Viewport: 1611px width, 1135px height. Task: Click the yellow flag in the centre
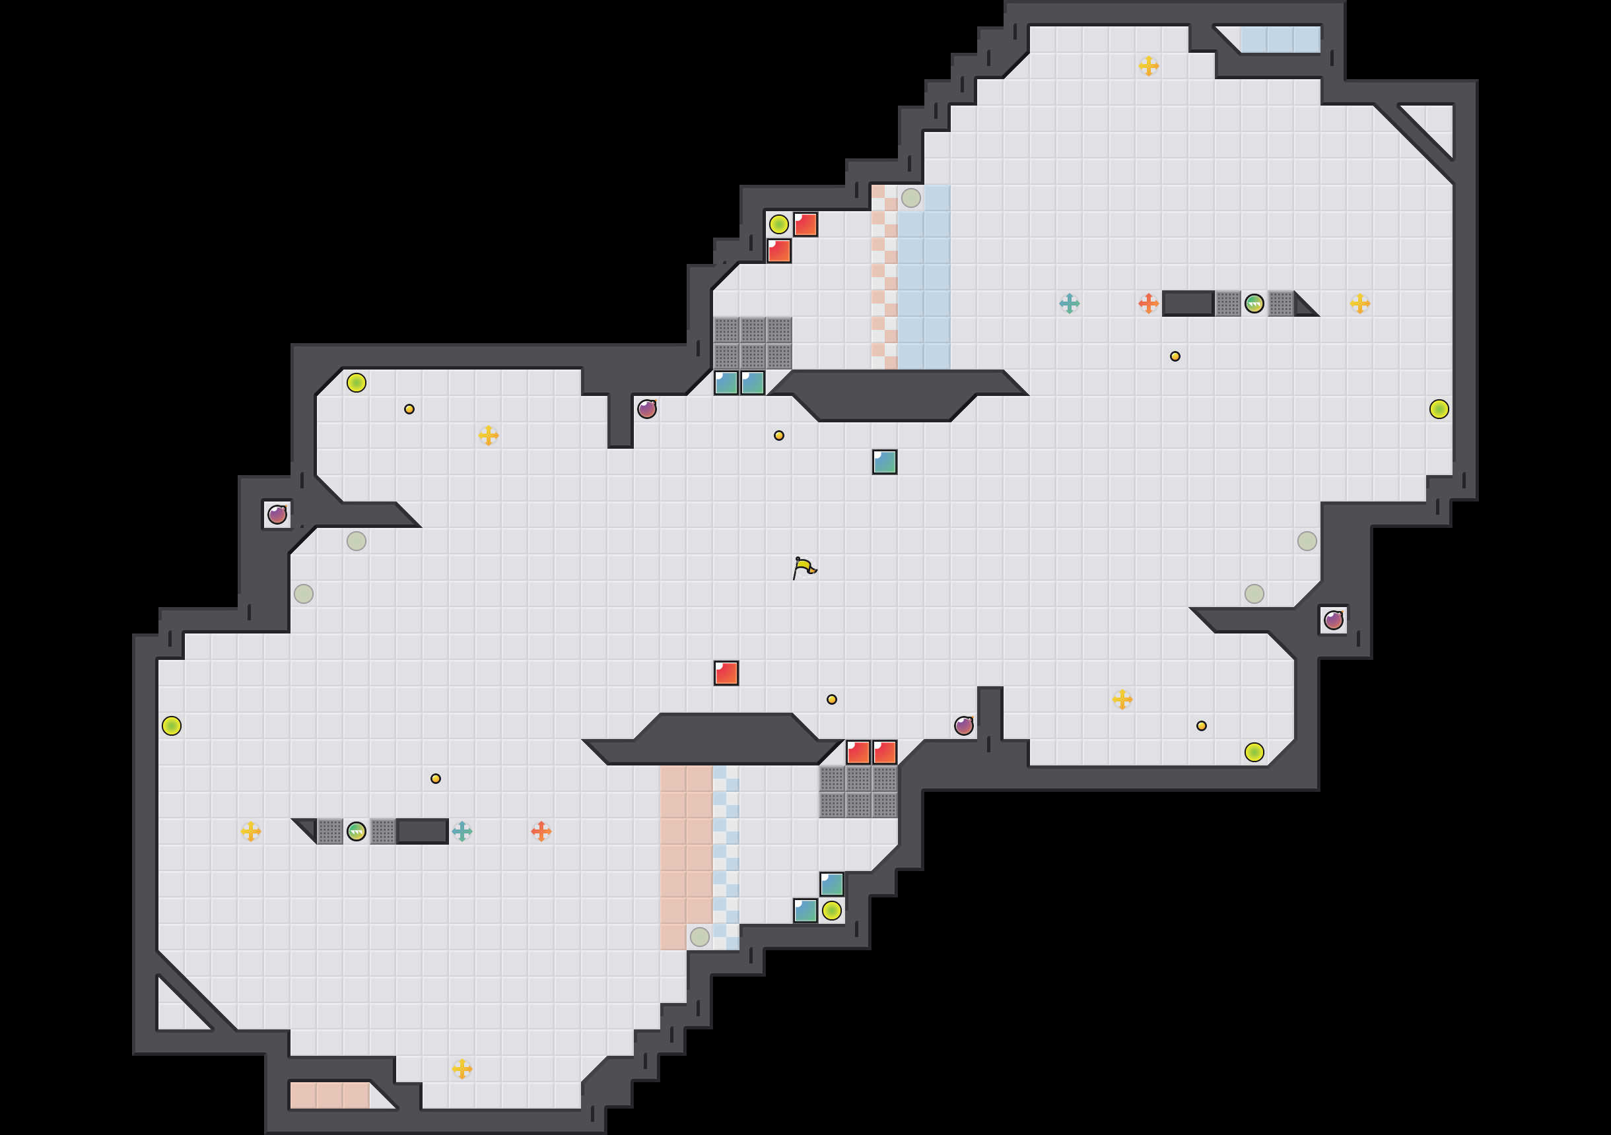804,567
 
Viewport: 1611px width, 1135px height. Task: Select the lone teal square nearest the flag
884,461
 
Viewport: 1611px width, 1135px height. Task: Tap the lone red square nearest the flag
726,672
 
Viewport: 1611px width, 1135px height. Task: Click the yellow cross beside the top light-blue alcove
1149,66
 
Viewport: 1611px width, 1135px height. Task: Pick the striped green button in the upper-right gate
1254,303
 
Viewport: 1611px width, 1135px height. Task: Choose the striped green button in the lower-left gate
357,831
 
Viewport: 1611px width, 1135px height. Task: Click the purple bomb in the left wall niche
277,514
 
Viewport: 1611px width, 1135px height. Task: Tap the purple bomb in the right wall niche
1333,620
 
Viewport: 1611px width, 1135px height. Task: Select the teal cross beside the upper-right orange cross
1070,303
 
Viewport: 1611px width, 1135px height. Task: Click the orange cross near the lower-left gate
541,831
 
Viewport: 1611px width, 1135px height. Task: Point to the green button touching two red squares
779,224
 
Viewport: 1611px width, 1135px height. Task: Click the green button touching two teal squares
831,911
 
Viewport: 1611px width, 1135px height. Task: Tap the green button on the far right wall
1439,409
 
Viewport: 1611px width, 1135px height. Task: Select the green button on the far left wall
171,725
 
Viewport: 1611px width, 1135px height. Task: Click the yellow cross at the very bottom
462,1069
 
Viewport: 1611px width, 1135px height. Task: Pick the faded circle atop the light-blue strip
910,198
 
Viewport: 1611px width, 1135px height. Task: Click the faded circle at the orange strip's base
700,936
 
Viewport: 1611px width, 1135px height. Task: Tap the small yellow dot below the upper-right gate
1175,356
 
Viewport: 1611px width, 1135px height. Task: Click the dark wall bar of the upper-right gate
1188,303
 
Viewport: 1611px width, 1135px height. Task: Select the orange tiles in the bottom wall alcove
329,1095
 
